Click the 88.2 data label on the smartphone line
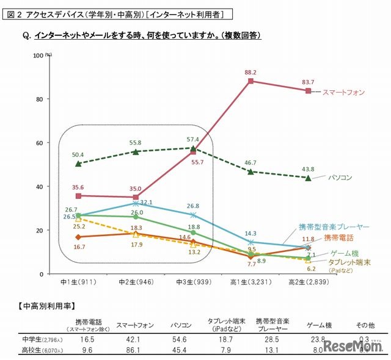click(250, 72)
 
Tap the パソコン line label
click(341, 178)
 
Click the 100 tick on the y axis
click(37, 55)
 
